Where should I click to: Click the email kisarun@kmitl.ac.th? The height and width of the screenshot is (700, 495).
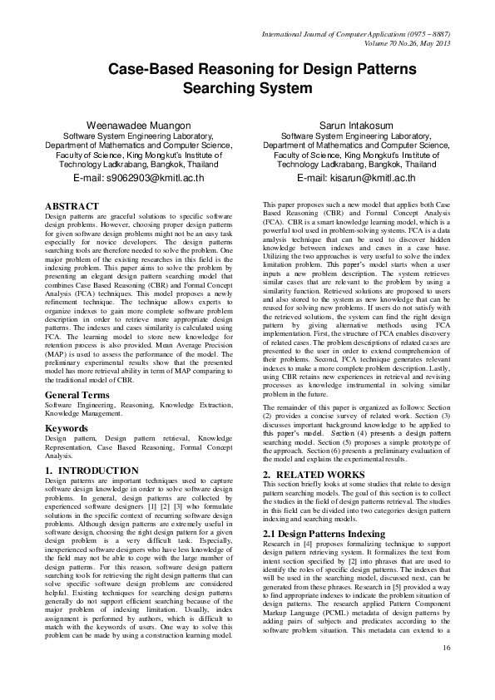coord(355,178)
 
